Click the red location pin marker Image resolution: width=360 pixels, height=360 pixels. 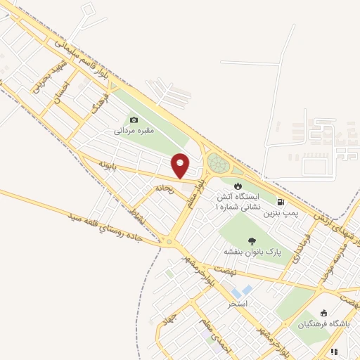(x=181, y=165)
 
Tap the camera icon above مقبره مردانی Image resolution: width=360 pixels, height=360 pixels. (x=134, y=120)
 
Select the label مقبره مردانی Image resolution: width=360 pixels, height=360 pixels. (x=134, y=131)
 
